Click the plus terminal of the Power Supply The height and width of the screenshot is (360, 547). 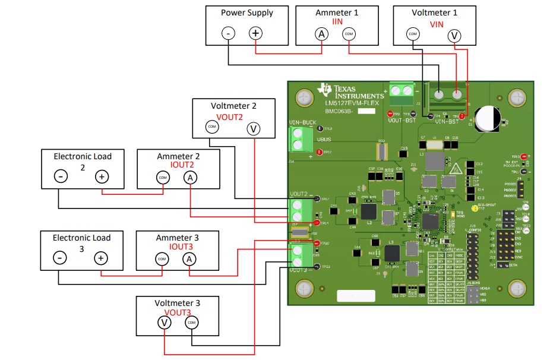[x=255, y=33]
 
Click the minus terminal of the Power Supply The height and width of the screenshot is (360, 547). [x=229, y=33]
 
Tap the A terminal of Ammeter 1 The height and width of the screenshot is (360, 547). [x=321, y=34]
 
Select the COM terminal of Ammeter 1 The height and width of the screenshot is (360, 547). [x=348, y=34]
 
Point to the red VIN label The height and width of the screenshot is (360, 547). [x=437, y=24]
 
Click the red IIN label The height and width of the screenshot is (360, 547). [x=337, y=22]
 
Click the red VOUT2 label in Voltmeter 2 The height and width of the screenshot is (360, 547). [x=229, y=117]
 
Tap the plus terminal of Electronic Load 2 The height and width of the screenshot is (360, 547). [x=102, y=176]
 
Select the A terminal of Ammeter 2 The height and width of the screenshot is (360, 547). [x=189, y=177]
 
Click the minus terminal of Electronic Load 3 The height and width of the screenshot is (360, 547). [x=59, y=258]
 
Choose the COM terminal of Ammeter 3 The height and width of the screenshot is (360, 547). [x=162, y=259]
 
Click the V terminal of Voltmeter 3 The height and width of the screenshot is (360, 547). [x=164, y=323]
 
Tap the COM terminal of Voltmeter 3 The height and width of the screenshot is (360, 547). [x=191, y=323]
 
